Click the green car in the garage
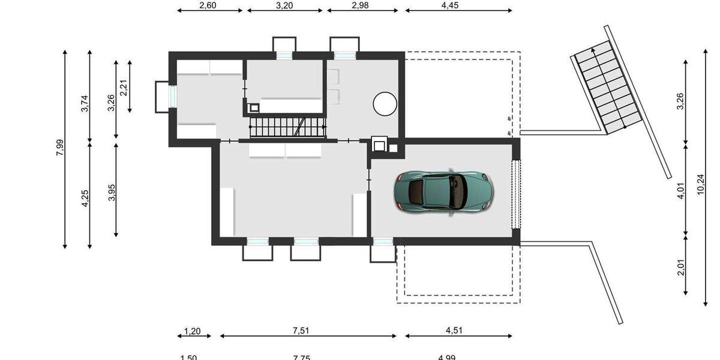[443, 191]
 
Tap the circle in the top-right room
[385, 103]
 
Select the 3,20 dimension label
[284, 5]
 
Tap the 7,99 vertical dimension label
[59, 148]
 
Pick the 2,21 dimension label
[124, 88]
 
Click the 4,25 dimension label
[85, 198]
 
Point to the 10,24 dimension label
[700, 180]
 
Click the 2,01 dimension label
[680, 265]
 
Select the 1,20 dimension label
[191, 331]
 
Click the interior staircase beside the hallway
[287, 127]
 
